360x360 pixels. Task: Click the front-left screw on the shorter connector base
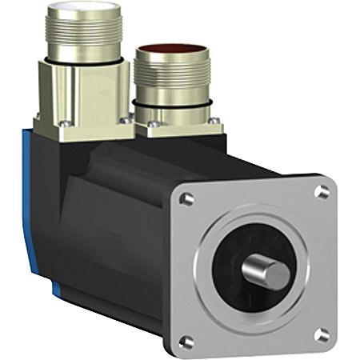pyautogui.click(x=148, y=124)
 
